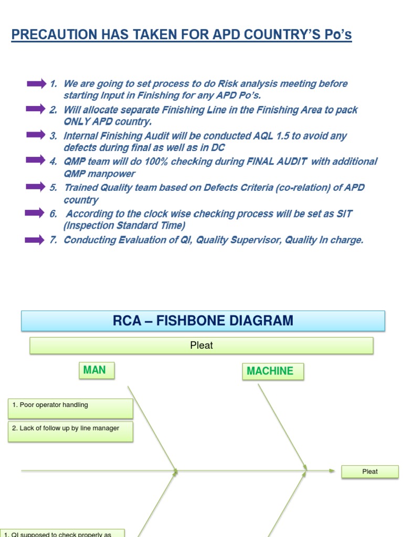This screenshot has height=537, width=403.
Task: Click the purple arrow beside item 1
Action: coord(36,83)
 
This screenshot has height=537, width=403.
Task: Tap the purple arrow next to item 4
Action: coord(36,161)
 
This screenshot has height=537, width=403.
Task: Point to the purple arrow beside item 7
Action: coord(36,240)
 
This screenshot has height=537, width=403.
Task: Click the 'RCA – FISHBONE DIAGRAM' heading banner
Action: coord(203,320)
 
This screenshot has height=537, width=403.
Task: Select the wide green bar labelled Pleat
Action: coord(201,346)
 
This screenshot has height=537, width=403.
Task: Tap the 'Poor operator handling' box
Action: coord(70,408)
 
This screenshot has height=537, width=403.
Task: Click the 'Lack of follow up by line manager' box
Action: coord(70,431)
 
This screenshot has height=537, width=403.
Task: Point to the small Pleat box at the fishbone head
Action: coord(370,471)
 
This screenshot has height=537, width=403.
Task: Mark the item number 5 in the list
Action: coord(53,188)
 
